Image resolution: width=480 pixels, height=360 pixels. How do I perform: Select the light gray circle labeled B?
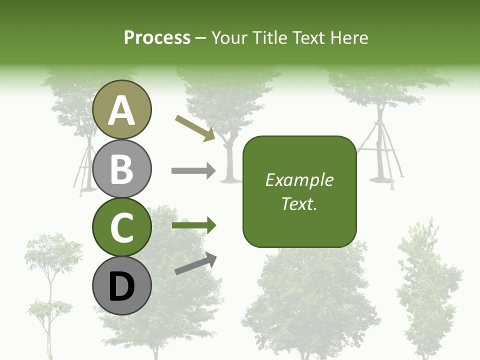(x=122, y=168)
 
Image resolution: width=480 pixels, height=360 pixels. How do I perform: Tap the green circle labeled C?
(x=122, y=227)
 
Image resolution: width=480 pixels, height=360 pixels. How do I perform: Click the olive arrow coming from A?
(x=195, y=128)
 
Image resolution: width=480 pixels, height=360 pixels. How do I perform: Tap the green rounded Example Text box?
(x=299, y=192)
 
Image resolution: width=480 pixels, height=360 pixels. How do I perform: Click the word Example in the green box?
(x=299, y=180)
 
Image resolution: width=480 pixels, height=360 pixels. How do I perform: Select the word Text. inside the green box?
(x=299, y=203)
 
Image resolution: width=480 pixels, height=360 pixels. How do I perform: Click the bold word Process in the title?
(x=157, y=37)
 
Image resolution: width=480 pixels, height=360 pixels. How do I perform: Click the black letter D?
(x=122, y=286)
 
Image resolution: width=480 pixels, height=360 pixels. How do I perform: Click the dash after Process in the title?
(x=201, y=38)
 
